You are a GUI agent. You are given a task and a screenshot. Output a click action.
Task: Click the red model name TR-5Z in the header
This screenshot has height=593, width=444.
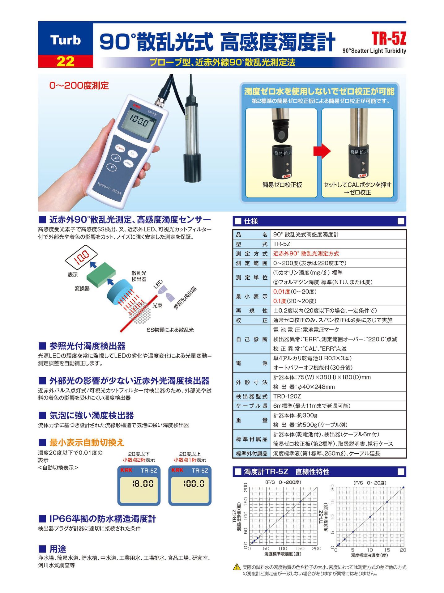(x=389, y=39)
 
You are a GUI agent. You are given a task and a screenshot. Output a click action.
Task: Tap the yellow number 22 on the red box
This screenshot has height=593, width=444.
(x=65, y=61)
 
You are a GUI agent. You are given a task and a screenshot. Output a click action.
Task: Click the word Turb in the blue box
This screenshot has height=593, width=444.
(x=65, y=40)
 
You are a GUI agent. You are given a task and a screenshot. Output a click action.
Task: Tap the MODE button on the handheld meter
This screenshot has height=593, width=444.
(x=129, y=163)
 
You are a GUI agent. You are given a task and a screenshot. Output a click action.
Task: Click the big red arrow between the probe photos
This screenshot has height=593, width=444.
(x=322, y=151)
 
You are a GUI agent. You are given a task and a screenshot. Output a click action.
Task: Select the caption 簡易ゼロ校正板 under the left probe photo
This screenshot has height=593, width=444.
(x=282, y=185)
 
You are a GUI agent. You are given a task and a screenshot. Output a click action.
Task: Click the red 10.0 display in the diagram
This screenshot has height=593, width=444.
(x=82, y=256)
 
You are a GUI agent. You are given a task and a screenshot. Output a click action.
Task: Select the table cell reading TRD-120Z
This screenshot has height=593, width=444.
(x=287, y=396)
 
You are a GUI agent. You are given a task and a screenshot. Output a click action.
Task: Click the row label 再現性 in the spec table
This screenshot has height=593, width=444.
(x=251, y=311)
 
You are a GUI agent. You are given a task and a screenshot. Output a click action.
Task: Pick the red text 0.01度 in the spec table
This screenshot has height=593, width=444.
(x=281, y=291)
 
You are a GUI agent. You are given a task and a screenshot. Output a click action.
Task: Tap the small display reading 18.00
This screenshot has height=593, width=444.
(x=143, y=484)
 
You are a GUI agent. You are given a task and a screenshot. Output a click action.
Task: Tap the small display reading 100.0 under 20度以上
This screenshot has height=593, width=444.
(x=194, y=484)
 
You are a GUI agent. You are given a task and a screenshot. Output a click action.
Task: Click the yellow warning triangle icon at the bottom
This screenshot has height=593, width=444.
(x=237, y=567)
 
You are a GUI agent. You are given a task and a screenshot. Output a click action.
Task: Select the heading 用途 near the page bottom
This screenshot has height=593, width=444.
(x=58, y=549)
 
